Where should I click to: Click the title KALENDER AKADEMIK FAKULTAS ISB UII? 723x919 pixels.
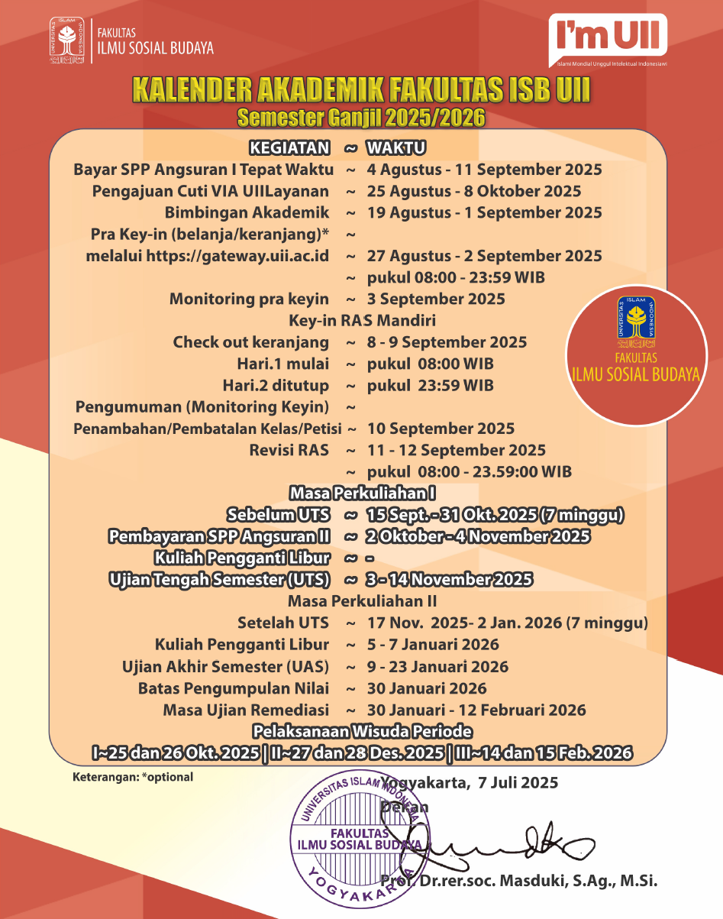[361, 89]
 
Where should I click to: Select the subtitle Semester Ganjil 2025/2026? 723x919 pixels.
[361, 118]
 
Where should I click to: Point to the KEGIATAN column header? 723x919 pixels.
[290, 147]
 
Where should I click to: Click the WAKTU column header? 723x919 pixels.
[396, 147]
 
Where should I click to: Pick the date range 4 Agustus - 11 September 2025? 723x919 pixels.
[484, 170]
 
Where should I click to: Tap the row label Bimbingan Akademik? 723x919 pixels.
[247, 212]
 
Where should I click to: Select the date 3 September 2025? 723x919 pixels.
[436, 299]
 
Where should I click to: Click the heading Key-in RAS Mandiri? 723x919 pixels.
[362, 320]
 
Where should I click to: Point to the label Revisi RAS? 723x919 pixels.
[289, 450]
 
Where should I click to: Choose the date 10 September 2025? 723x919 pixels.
[441, 429]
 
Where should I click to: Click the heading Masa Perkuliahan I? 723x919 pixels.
[362, 493]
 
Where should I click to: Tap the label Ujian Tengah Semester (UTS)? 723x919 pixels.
[219, 580]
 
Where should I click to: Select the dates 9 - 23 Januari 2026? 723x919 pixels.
[437, 666]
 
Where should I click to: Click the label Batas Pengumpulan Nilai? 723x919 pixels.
[234, 688]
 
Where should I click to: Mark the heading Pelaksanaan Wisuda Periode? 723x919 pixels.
[362, 731]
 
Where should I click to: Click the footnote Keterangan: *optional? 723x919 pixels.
[133, 777]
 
